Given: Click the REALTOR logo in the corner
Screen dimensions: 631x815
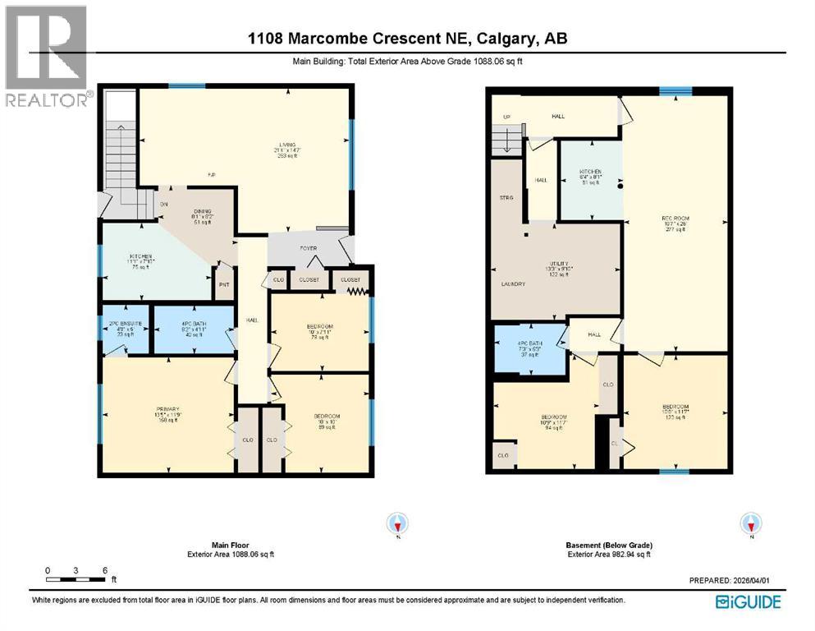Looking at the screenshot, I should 46,56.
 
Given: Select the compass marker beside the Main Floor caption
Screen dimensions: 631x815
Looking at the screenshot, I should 398,523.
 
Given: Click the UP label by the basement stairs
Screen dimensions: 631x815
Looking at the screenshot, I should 506,117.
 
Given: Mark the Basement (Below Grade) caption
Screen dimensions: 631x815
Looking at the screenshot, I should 608,545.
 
